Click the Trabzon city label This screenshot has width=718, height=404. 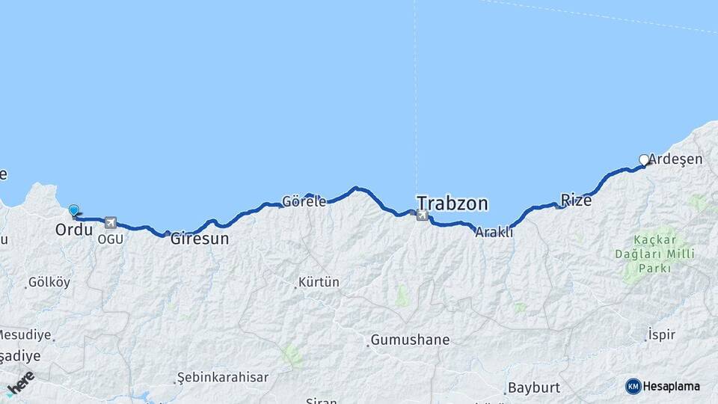click(x=452, y=203)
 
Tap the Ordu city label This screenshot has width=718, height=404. click(x=74, y=230)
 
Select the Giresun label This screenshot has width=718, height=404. click(x=200, y=240)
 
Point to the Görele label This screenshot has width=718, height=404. click(x=304, y=201)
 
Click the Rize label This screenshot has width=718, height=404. click(x=576, y=201)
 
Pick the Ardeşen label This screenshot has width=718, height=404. click(x=675, y=159)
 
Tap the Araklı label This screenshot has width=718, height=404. click(x=494, y=232)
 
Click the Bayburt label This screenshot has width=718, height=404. click(x=533, y=388)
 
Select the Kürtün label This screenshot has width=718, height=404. click(x=319, y=283)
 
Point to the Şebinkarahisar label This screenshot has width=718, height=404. click(x=224, y=377)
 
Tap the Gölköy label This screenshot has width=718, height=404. click(x=49, y=283)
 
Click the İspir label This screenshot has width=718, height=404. click(x=662, y=334)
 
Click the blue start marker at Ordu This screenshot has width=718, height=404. click(x=73, y=211)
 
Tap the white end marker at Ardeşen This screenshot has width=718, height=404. click(x=644, y=159)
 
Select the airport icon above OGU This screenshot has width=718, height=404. click(x=111, y=222)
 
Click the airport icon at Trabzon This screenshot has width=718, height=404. click(x=422, y=215)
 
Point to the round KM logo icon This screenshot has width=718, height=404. click(x=633, y=386)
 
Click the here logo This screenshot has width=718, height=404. click(x=20, y=382)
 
